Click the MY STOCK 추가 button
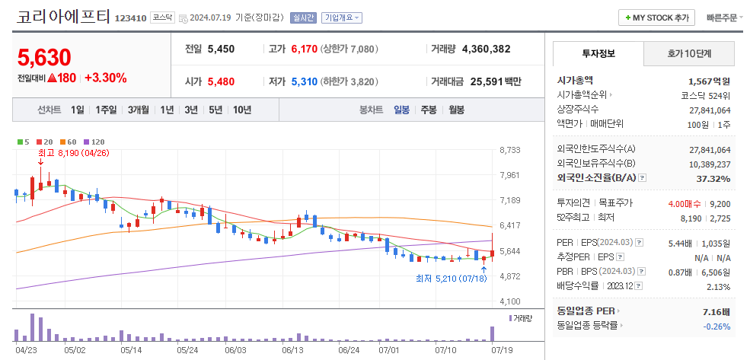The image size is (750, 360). (656, 17)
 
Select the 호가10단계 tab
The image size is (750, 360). (689, 53)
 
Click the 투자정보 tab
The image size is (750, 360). (598, 53)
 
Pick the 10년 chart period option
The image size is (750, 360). (242, 110)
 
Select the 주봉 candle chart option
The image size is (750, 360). (429, 110)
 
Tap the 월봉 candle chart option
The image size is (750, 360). (456, 110)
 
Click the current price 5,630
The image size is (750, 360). (44, 57)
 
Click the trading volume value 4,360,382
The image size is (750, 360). (486, 49)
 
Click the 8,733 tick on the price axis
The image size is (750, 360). (510, 150)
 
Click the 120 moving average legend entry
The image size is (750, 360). (94, 142)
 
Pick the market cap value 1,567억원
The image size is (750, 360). (709, 81)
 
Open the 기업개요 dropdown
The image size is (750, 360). (342, 17)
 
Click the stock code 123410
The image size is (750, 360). (129, 18)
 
